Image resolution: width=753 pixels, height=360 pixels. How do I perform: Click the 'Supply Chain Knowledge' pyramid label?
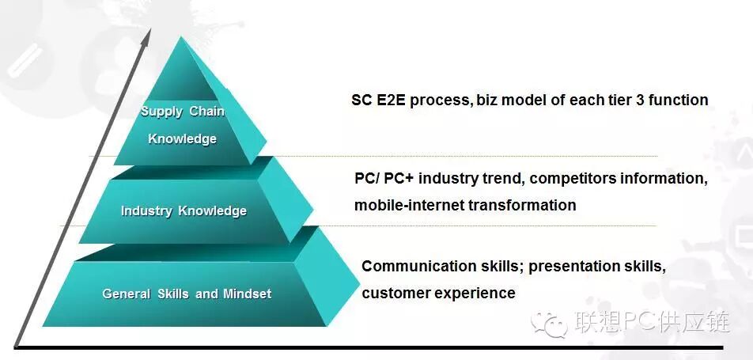click(x=182, y=125)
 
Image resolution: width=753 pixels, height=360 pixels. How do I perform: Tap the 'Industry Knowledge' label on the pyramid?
click(x=184, y=210)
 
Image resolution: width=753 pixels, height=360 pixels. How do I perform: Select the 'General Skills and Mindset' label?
click(x=187, y=294)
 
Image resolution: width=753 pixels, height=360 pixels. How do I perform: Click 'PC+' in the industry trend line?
click(x=399, y=178)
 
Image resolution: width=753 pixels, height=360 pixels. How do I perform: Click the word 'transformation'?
click(x=522, y=205)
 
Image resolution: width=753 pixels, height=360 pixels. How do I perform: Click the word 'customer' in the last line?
click(x=392, y=293)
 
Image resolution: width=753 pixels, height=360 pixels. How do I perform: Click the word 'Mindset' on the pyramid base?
click(x=247, y=294)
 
